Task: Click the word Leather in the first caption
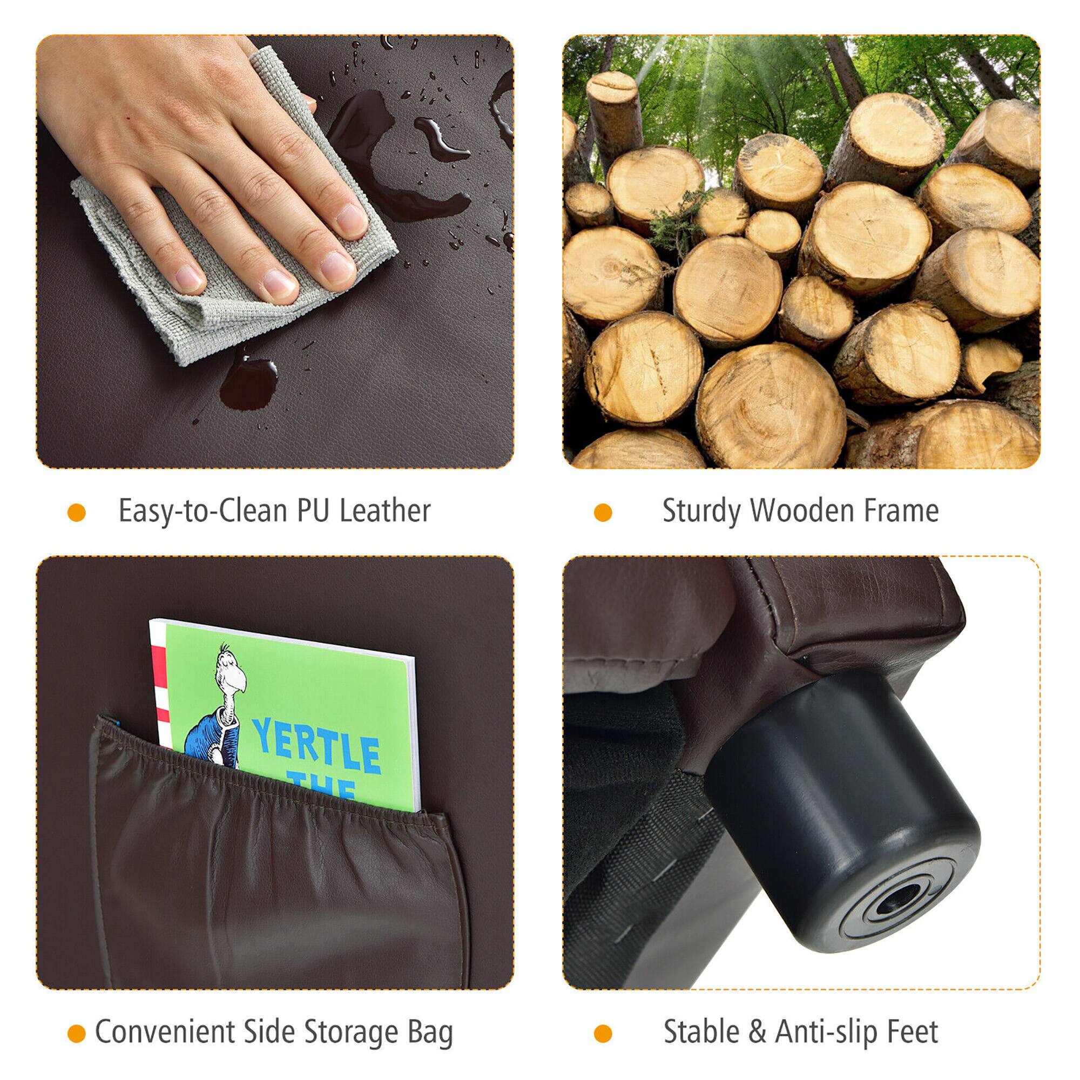coord(385,510)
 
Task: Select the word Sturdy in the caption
coord(701,510)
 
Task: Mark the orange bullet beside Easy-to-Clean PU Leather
coord(77,512)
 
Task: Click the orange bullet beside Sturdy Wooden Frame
coord(603,512)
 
